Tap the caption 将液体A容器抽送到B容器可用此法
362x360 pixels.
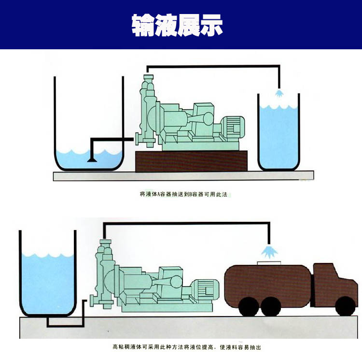pos(182,195)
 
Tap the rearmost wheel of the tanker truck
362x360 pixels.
pos(249,306)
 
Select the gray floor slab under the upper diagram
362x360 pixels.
pos(183,176)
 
